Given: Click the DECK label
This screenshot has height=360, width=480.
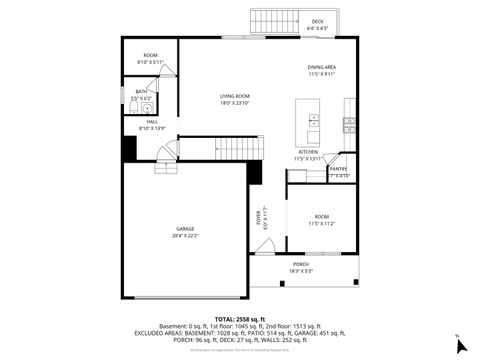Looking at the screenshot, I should tap(317, 21).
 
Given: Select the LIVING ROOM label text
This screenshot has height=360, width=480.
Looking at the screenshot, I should tap(234, 96).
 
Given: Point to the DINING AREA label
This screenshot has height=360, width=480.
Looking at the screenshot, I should tap(321, 67).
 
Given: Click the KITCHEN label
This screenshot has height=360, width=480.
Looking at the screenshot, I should tap(307, 152).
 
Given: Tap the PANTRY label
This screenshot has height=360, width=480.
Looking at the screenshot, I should tap(338, 169).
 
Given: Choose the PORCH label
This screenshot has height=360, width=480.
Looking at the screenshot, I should tap(301, 264).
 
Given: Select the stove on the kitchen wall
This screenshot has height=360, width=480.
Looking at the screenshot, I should tap(349, 124).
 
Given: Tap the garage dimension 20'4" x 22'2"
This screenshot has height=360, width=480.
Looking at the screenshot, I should tap(185, 236).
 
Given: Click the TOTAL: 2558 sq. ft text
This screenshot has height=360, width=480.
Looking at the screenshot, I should tap(239, 317).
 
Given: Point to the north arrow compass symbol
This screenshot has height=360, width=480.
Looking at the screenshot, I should tap(461, 345).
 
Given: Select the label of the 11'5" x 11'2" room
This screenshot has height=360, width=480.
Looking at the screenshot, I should tap(321, 217).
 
